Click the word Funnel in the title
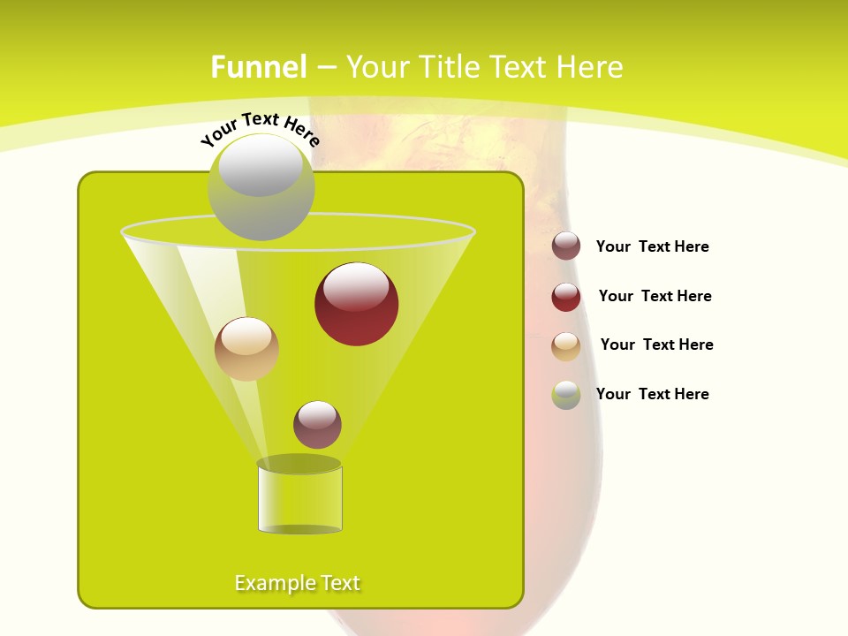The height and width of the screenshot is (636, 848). point(259,67)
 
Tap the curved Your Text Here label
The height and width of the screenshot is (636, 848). point(260,129)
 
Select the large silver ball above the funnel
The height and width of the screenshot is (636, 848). point(261,187)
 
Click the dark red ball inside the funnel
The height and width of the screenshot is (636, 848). point(357,304)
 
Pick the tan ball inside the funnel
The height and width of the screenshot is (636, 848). point(246,349)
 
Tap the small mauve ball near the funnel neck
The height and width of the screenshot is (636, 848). point(317,425)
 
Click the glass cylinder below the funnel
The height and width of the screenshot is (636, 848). point(299,499)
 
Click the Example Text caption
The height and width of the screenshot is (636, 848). point(298,583)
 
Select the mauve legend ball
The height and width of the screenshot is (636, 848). point(566,246)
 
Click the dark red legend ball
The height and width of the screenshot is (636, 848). point(566,297)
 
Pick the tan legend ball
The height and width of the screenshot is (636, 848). point(566,346)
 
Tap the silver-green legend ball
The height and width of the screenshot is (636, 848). point(566,395)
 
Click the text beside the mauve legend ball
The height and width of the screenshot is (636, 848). point(652,247)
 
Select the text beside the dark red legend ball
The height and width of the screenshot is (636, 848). point(655,297)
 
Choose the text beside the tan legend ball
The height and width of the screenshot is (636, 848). point(656,345)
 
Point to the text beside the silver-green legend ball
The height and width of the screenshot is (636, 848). point(652,395)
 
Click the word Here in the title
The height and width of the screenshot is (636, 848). point(592,67)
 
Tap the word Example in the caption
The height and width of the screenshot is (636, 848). point(268,583)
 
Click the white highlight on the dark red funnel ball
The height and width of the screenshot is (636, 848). point(356,287)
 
